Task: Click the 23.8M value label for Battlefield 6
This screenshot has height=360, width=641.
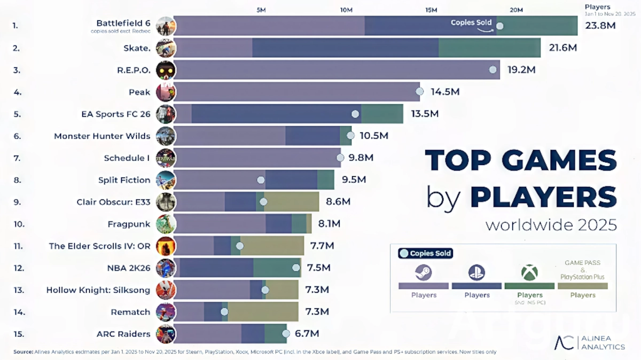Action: [601, 26]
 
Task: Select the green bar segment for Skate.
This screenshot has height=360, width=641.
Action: [489, 48]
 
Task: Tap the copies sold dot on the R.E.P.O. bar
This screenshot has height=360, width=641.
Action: [493, 70]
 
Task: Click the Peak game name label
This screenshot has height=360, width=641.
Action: [139, 92]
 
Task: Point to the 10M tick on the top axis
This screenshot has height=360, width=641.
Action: [346, 10]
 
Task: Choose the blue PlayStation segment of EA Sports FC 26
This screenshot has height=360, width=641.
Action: [276, 114]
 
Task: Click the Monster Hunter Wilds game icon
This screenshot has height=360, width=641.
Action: [166, 136]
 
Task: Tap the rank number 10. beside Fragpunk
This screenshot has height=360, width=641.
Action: [19, 224]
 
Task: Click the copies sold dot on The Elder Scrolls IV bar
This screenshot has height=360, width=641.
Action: [239, 246]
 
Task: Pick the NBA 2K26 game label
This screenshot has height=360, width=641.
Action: [129, 268]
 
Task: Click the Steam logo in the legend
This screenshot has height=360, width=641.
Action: [423, 273]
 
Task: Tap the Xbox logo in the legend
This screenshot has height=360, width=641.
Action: [529, 273]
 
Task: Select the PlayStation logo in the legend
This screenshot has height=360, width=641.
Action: [476, 273]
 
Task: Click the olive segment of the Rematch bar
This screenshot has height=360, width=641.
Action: [263, 311]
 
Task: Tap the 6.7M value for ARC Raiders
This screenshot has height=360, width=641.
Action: [307, 334]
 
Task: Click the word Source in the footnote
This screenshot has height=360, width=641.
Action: [23, 352]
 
